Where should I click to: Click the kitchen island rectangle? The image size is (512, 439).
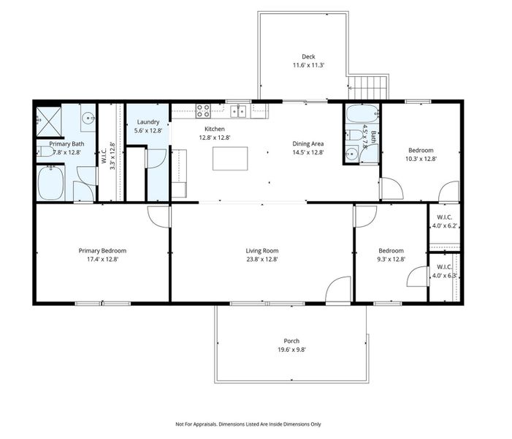(230, 158)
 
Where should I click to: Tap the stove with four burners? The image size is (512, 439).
(203, 111)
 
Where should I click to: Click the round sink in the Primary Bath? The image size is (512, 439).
(88, 118)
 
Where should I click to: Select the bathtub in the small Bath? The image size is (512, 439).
(362, 114)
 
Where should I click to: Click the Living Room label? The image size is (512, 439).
(261, 251)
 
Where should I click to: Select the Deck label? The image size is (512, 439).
(307, 56)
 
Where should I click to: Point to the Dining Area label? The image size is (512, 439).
(307, 143)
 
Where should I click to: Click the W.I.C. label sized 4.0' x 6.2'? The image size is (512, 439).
(445, 222)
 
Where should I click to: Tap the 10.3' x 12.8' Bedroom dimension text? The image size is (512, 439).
(420, 158)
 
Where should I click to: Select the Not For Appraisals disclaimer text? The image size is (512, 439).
(248, 424)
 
